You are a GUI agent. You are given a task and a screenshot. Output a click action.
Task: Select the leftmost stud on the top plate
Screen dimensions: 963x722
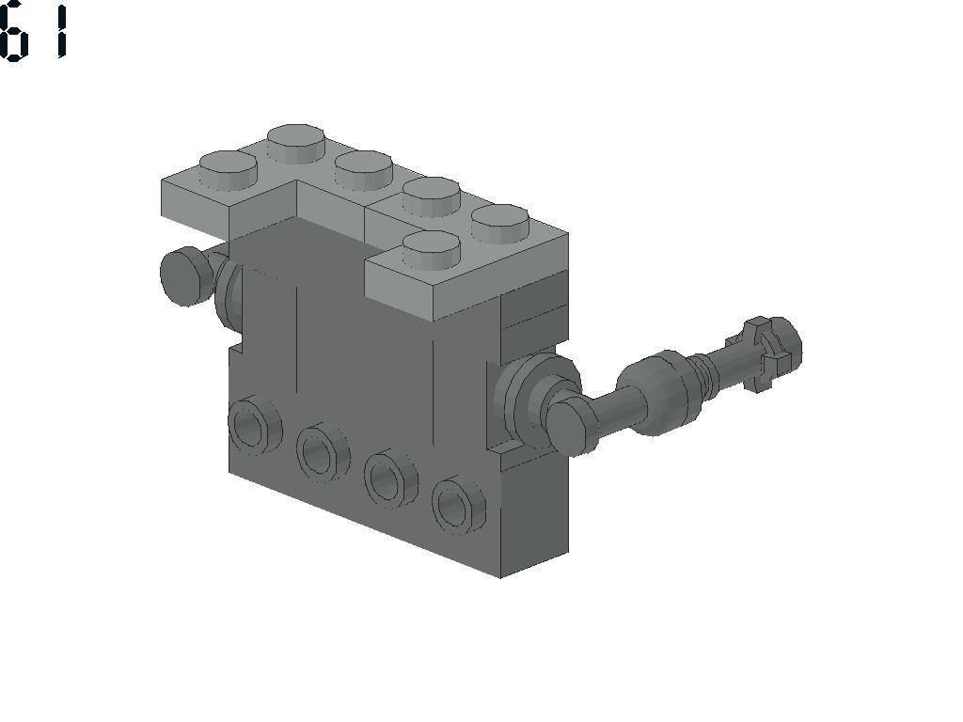[228, 170]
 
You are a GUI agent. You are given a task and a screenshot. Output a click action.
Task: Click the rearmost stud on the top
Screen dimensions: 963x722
[296, 144]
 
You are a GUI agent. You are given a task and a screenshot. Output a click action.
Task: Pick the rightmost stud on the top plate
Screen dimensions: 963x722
[500, 224]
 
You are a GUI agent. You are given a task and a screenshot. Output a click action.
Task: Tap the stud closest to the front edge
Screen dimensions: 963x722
[431, 250]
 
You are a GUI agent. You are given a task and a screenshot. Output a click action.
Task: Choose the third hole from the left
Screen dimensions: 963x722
[390, 478]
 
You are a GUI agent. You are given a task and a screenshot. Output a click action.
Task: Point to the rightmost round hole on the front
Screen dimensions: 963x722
[458, 504]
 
